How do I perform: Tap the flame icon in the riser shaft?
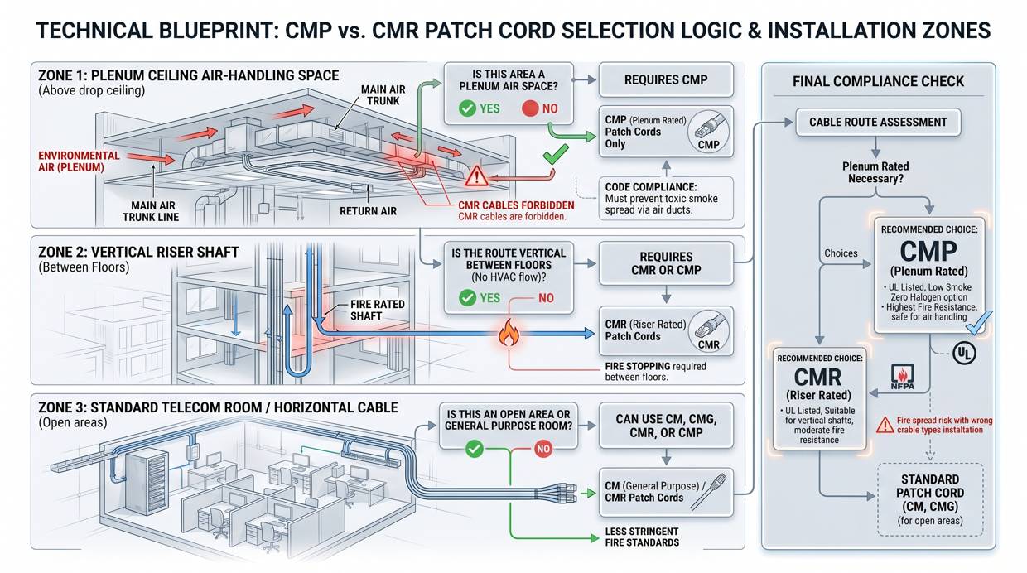pyautogui.click(x=507, y=334)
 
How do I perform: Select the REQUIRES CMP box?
pyautogui.click(x=666, y=80)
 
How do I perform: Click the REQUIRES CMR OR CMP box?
pyautogui.click(x=666, y=263)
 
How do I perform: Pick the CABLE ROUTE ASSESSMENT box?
pyautogui.click(x=878, y=122)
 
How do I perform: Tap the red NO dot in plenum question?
pyautogui.click(x=530, y=108)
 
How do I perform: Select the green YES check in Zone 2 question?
pyautogui.click(x=468, y=298)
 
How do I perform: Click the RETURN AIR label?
pyautogui.click(x=368, y=211)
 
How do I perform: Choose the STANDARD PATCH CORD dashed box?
pyautogui.click(x=929, y=499)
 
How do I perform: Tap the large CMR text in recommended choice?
pyautogui.click(x=817, y=378)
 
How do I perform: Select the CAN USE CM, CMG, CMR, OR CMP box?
pyautogui.click(x=666, y=426)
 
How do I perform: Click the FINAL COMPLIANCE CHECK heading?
pyautogui.click(x=878, y=81)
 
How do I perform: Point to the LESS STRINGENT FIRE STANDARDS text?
pyautogui.click(x=642, y=537)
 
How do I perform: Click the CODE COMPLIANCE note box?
pyautogui.click(x=666, y=199)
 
